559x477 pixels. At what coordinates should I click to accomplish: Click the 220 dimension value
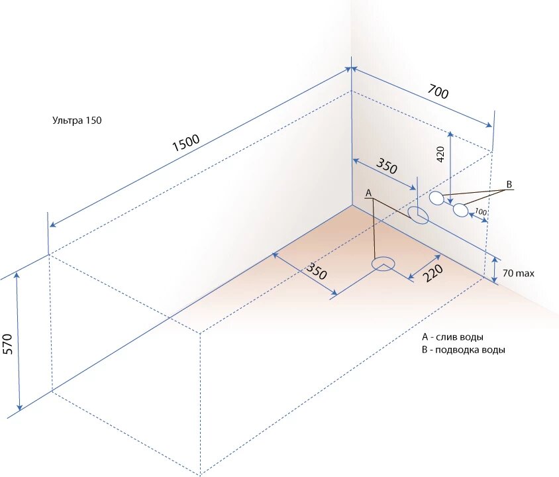point(432,270)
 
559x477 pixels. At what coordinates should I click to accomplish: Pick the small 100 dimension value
point(481,212)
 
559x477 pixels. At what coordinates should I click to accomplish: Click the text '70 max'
point(519,273)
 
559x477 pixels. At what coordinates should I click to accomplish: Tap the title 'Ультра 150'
point(77,121)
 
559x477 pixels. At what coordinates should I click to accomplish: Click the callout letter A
point(369,192)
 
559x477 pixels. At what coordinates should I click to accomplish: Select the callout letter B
point(509,184)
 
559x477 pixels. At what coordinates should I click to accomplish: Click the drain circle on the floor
point(382,265)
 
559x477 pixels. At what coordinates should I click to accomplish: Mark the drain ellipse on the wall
point(417,214)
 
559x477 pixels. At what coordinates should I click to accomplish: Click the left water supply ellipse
point(436,197)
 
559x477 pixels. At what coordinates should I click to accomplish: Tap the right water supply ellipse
point(460,210)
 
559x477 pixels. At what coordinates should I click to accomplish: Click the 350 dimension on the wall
point(387,166)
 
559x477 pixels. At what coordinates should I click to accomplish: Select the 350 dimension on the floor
point(317,270)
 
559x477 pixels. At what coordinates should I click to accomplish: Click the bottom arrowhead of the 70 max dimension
point(495,280)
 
